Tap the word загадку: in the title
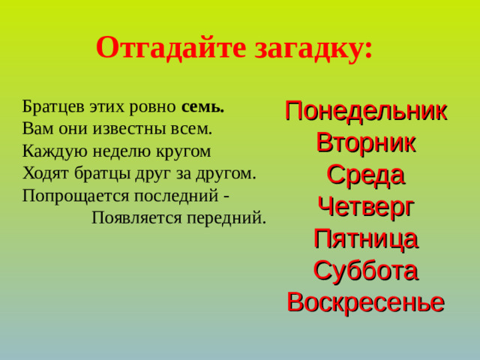coord(315,48)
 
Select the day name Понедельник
coord(366,111)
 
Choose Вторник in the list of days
coord(366,142)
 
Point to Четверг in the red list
coord(366,206)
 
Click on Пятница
coord(366,238)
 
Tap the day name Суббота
coord(366,270)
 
